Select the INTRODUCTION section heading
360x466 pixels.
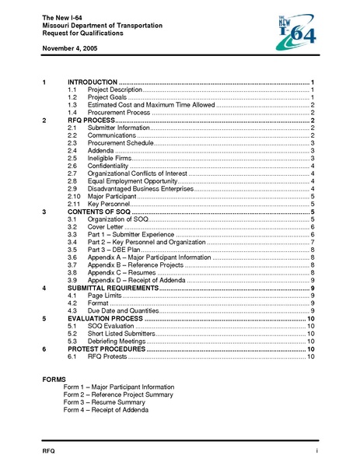93,82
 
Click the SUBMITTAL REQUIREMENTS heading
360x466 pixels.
112,287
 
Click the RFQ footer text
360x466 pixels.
49,452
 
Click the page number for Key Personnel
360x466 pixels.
312,204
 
